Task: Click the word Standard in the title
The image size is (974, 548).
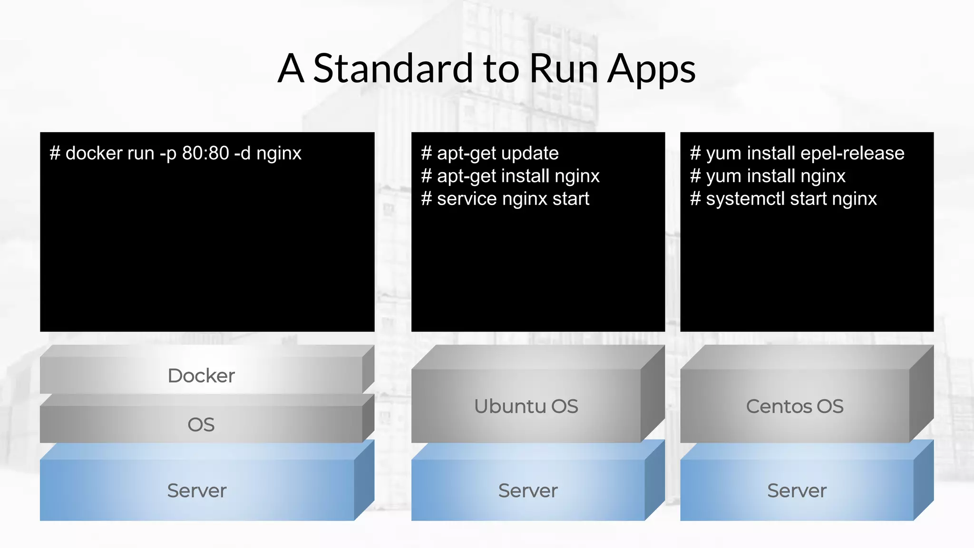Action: (393, 68)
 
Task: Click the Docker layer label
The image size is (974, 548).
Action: (201, 376)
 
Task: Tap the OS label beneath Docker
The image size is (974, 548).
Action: (201, 424)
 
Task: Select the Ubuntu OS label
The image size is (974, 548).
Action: (526, 406)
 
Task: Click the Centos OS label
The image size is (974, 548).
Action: (795, 406)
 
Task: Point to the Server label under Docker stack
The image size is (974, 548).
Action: (197, 490)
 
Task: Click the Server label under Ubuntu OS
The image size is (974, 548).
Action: (528, 490)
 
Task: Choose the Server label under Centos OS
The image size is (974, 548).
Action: (797, 490)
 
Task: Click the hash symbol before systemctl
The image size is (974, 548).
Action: (695, 198)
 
